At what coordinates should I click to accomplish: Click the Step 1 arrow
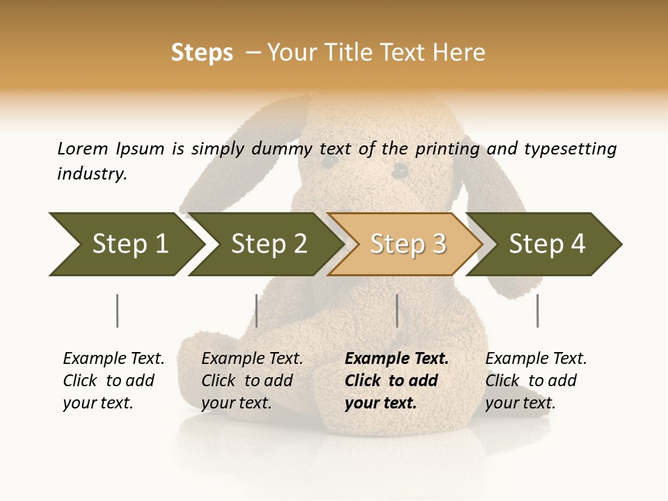125,244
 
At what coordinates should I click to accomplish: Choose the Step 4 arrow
546,244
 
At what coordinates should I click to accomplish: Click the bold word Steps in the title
202,53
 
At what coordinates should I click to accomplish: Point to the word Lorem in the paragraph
82,148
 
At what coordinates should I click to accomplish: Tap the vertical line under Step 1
117,310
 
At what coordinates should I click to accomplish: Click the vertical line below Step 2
257,310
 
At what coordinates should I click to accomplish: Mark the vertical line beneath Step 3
397,310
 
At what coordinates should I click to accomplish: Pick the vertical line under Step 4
537,310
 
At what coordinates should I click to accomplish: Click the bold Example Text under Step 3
397,359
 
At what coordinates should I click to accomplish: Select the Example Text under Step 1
113,359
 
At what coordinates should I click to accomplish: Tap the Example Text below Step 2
252,359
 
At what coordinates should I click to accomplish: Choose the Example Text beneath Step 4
536,359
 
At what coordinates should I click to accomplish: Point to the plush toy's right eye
399,170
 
